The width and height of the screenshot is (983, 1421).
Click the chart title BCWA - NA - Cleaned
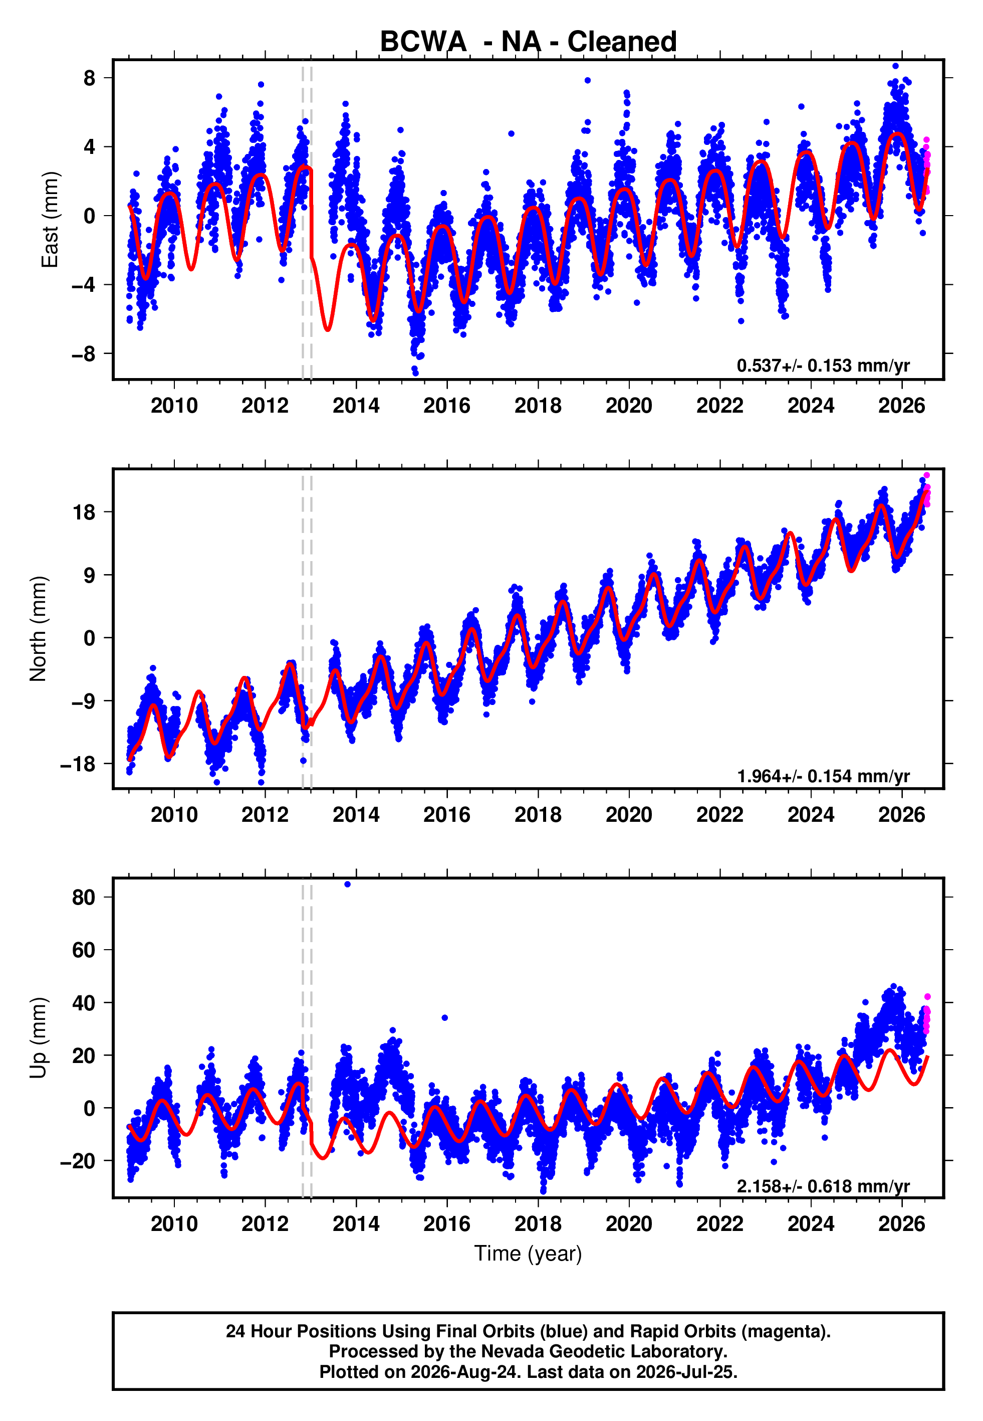[x=528, y=42]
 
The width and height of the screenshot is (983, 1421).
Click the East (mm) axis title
[x=50, y=220]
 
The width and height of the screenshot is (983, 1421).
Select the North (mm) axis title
[x=38, y=629]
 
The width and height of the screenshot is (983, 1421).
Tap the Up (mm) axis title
[x=38, y=1038]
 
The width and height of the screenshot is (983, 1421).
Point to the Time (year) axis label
[x=528, y=1254]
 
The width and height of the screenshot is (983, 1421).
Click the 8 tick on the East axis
[x=90, y=78]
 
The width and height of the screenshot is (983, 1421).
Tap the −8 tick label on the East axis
[x=84, y=353]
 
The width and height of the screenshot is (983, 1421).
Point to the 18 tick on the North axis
[x=84, y=512]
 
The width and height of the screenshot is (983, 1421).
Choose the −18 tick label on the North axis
[x=78, y=764]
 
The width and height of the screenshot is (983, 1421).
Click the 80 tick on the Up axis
[x=84, y=897]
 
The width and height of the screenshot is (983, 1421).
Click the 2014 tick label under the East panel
[x=356, y=406]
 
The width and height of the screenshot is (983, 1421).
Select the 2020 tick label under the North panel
[x=629, y=815]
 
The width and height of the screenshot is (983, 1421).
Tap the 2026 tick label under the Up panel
[x=902, y=1224]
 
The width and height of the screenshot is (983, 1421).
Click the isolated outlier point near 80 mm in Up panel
[x=347, y=884]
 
